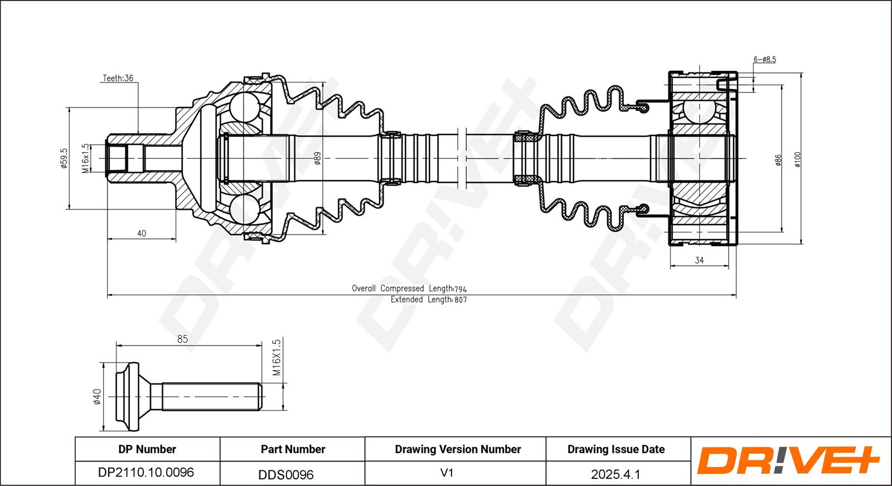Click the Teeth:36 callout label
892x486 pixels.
118,78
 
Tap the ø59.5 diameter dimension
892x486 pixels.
64,158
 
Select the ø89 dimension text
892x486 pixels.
317,158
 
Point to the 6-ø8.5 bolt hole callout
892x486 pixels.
764,59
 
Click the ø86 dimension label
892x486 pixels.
778,160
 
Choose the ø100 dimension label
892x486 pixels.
797,159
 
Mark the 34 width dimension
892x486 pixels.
699,260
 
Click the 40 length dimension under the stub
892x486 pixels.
142,234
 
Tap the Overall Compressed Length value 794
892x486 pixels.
460,289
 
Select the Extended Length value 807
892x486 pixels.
460,300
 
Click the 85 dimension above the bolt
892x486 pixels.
182,339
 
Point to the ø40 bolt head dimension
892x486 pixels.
97,397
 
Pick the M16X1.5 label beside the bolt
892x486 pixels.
277,357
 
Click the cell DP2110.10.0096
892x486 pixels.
146,473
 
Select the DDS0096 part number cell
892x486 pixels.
286,474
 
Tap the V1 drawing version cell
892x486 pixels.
447,473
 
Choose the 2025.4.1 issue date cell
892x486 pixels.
615,474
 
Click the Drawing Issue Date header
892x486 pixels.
616,449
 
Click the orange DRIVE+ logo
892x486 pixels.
788,460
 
